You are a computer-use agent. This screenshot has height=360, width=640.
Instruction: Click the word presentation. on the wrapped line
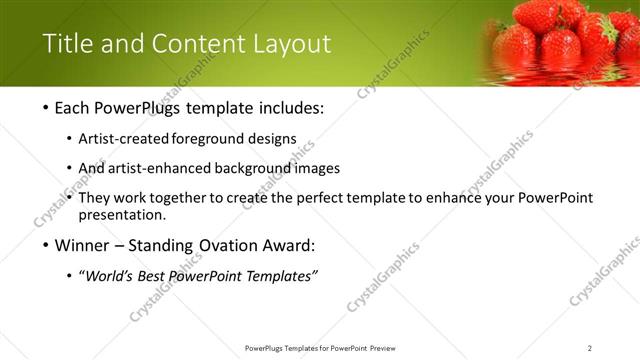click(122, 214)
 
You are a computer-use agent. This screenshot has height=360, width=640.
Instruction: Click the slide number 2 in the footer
click(590, 348)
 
